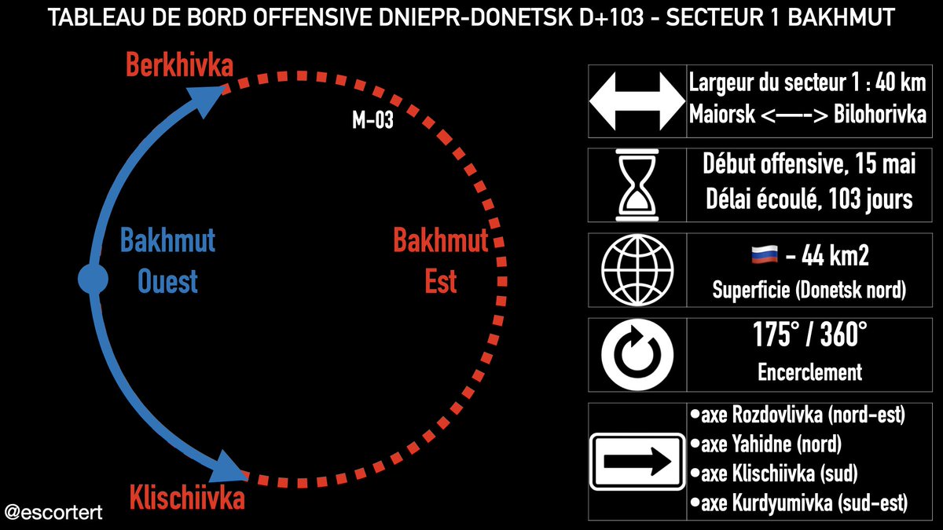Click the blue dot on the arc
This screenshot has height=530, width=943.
click(x=93, y=280)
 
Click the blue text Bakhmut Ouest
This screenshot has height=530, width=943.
click(x=167, y=260)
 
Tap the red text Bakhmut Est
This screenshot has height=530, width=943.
click(x=440, y=260)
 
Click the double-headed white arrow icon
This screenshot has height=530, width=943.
click(x=637, y=98)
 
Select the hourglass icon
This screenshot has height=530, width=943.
click(x=637, y=182)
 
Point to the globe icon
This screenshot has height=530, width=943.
click(x=637, y=266)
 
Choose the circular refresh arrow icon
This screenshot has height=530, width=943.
click(x=637, y=351)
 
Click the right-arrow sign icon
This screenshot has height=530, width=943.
click(x=637, y=461)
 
